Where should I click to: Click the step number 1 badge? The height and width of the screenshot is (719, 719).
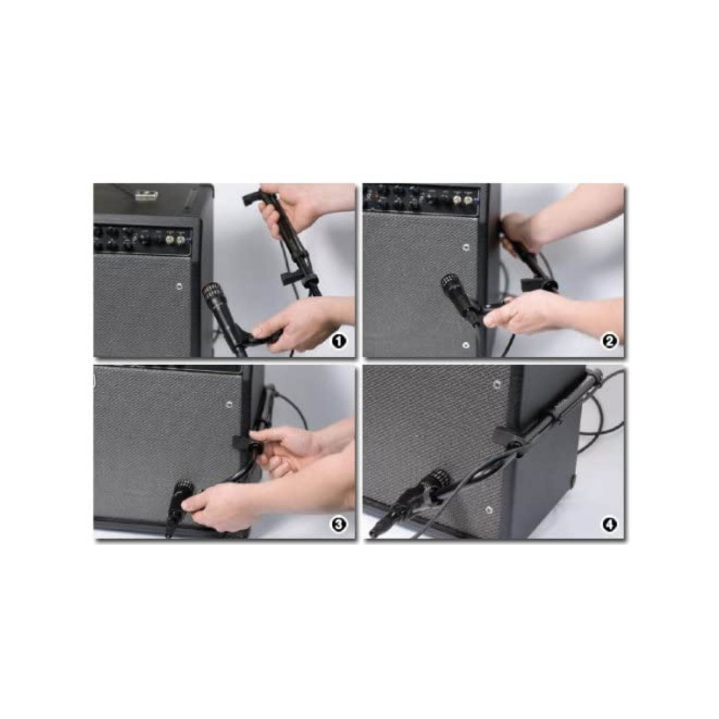339,341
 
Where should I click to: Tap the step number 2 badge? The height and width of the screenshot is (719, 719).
609,341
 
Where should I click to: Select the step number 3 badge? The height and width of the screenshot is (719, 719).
339,524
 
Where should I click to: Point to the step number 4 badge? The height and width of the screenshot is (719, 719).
609,524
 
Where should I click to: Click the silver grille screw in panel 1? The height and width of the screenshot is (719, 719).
179,286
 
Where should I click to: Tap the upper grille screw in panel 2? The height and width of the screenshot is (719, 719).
466,247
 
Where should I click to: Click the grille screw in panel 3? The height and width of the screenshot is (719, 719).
230,405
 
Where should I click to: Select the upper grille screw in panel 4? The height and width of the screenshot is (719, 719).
497,384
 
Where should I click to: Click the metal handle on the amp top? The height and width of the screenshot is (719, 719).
143,195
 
